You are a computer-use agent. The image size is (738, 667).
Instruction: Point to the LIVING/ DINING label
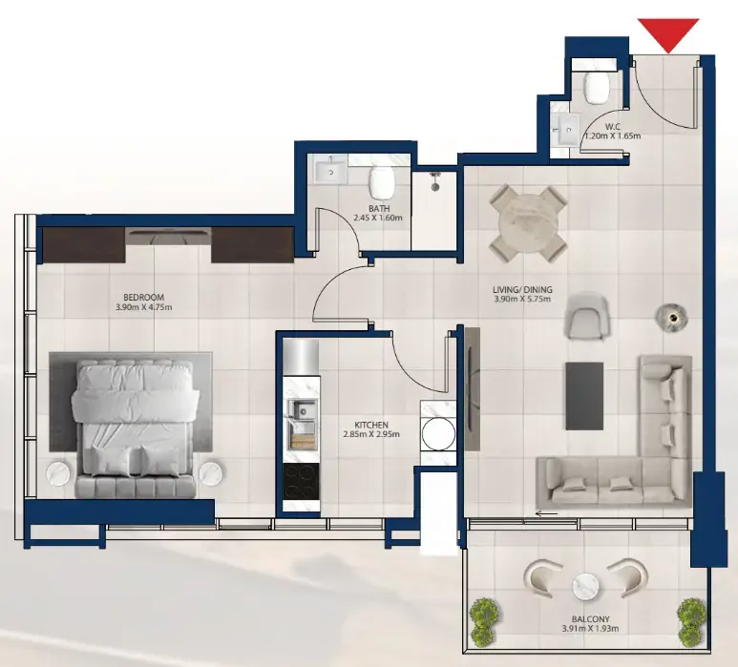point(522,290)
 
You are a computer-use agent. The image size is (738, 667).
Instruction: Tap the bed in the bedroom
point(136,420)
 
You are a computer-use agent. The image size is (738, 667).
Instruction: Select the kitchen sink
point(304,411)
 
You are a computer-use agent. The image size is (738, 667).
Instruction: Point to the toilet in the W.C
point(598,87)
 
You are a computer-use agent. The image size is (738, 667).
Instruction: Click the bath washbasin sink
point(331,172)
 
